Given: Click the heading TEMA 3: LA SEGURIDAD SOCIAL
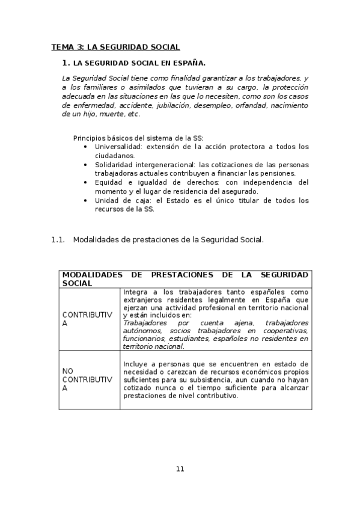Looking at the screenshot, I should pos(115,47).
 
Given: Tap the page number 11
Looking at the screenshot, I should pos(180,469).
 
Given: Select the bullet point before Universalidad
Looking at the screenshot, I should pos(86,147).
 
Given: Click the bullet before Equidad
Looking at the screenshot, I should pos(86,182).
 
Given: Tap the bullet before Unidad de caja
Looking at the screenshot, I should pos(86,200).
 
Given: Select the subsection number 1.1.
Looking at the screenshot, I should pos(58,239).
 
